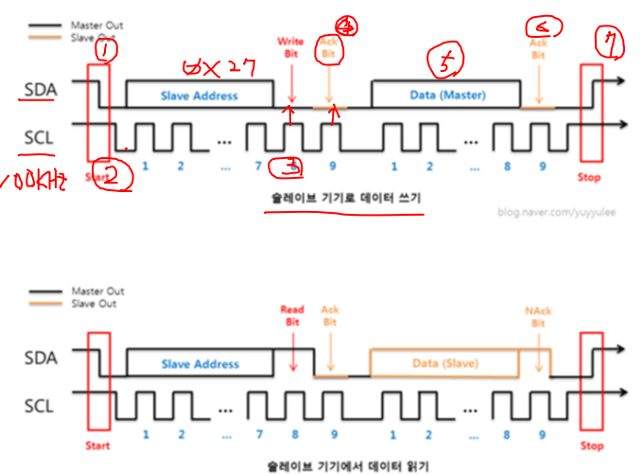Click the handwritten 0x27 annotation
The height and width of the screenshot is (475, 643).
click(x=217, y=69)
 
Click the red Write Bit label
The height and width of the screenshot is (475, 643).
click(x=290, y=47)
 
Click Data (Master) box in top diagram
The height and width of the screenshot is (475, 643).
click(x=445, y=96)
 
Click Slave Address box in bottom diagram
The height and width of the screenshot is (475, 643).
click(x=200, y=363)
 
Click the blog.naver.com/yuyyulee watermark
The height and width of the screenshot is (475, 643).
click(x=557, y=212)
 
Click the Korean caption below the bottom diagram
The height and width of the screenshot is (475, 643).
click(x=343, y=466)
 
